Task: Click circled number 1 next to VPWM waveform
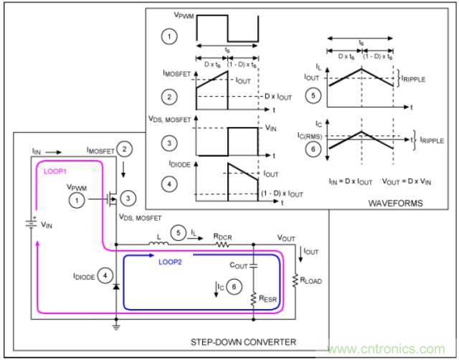(x=167, y=34)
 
